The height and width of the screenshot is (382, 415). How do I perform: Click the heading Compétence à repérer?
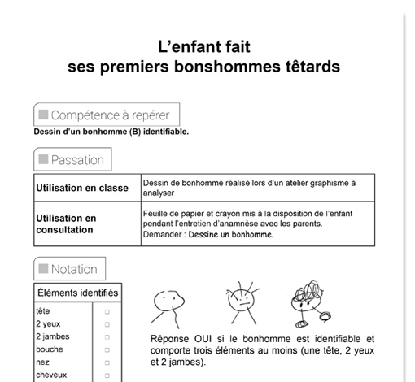click(x=109, y=115)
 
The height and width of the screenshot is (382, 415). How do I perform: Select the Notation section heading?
click(x=74, y=269)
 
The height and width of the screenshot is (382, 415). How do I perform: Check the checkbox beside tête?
click(x=107, y=311)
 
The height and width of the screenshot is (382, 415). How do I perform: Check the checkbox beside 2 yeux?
click(x=107, y=323)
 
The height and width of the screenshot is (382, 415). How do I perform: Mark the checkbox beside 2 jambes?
click(x=107, y=336)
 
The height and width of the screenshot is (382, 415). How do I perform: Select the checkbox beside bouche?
click(x=107, y=349)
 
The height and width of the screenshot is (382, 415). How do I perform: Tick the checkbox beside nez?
click(x=107, y=362)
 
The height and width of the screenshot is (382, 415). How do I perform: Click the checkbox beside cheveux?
click(x=107, y=375)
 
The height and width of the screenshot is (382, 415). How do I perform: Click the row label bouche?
click(x=50, y=349)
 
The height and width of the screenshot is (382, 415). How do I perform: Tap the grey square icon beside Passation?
click(x=42, y=160)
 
